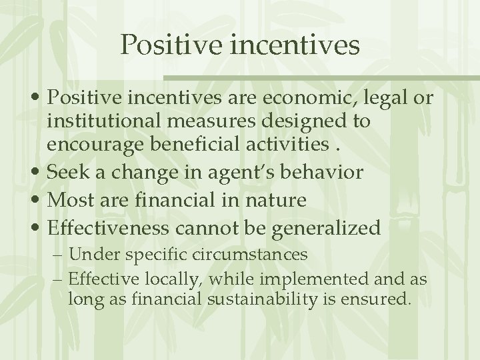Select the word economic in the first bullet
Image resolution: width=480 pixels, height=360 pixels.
pos(295,99)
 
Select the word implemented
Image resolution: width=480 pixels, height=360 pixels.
pos(304,279)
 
